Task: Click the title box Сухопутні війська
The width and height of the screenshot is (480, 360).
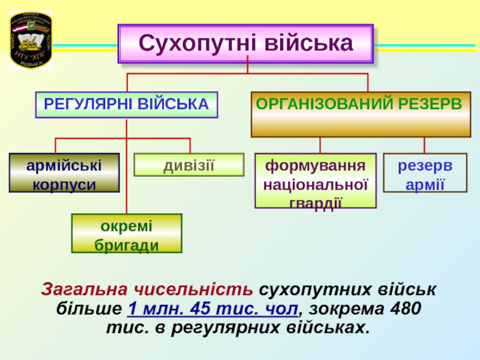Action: (245, 44)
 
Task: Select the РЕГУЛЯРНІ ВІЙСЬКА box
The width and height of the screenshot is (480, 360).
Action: (127, 104)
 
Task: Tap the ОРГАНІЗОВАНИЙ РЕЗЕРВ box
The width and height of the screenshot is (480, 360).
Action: (360, 114)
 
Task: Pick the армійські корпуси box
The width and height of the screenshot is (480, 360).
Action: (64, 173)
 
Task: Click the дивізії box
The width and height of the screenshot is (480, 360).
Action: (189, 164)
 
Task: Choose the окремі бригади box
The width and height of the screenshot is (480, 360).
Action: (127, 234)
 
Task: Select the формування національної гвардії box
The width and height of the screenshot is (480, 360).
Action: (316, 181)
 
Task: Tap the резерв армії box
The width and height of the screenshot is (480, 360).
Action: (425, 173)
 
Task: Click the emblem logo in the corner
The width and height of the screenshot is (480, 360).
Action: (31, 40)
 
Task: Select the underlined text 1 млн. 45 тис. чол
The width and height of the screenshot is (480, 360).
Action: (212, 310)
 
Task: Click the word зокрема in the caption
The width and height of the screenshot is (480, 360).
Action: (343, 310)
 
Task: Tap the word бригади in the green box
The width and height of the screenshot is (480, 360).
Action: (127, 245)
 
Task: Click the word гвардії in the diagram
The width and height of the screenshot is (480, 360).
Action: (316, 202)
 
